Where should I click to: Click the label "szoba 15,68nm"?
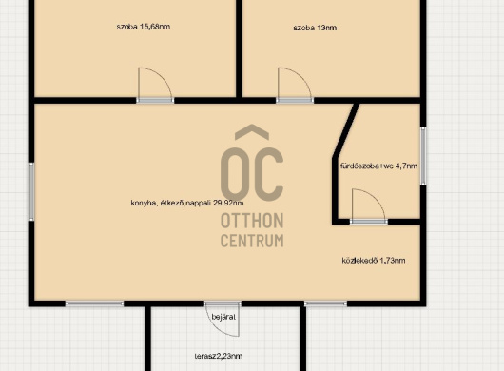coord(144,27)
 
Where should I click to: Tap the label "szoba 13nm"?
coord(315,28)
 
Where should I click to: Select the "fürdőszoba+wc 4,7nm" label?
coord(379,166)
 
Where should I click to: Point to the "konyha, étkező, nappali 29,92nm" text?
coord(187,203)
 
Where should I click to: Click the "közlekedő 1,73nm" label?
coord(374,260)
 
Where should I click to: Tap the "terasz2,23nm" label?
coord(219,356)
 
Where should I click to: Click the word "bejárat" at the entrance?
coord(223,317)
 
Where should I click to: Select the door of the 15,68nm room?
coord(155,86)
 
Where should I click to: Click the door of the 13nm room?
coord(295,86)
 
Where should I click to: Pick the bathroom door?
coord(369,206)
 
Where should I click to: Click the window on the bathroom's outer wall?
coord(423,156)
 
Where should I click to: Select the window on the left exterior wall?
coord(31,191)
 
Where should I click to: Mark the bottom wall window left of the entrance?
coord(94,303)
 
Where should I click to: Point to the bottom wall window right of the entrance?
coord(325,303)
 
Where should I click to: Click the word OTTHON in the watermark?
coord(252,221)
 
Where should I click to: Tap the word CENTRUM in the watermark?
coord(252,240)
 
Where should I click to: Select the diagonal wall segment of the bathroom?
coord(346,130)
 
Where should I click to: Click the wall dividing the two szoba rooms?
coord(239,49)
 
